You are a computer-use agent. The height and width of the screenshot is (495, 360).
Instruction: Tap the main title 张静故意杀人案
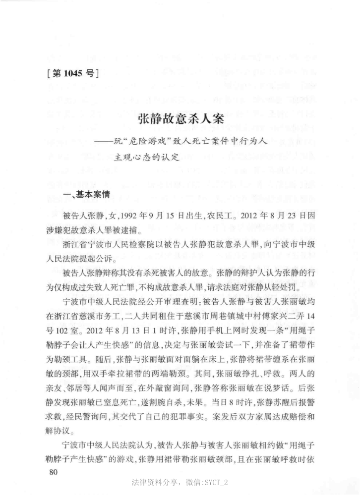pyautogui.click(x=180, y=119)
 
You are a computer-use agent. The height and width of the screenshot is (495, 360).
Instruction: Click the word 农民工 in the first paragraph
pyautogui.click(x=216, y=217)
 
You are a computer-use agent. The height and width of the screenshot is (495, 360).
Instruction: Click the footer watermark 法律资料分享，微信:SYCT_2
pyautogui.click(x=180, y=483)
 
